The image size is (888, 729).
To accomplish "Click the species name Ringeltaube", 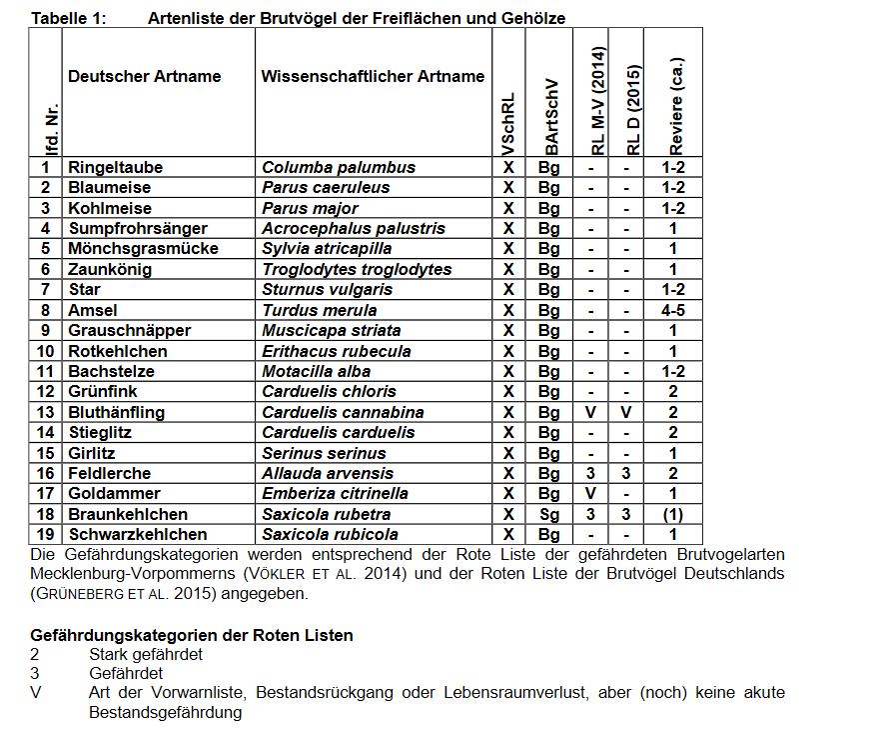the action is pos(115,167).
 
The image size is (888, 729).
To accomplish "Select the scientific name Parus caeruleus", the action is pos(326,187).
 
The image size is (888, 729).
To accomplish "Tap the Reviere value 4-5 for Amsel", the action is pos(673,310).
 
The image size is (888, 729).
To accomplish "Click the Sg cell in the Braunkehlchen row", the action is pos(549,514).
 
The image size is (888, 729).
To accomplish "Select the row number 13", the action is pos(46,412).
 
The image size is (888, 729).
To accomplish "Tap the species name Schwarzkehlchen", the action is pos(138,534).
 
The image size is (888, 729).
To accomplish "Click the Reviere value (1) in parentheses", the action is pos(673,514).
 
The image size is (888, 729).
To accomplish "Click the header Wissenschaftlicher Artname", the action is pos(373,76).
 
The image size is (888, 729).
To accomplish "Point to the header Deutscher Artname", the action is pos(144,76).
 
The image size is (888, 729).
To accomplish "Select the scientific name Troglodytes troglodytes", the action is pos(357,269).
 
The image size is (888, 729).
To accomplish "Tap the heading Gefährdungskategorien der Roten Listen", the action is pos(192,635).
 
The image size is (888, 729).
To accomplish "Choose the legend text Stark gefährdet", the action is pos(146,654).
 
